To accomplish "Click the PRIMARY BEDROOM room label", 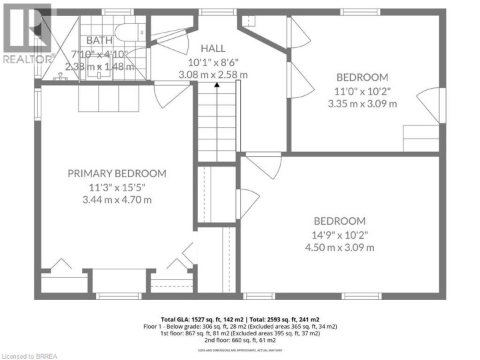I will pyautogui.click(x=117, y=173).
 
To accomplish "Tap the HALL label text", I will pyautogui.click(x=213, y=48).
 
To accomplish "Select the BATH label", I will pyautogui.click(x=99, y=41).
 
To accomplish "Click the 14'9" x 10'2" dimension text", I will pyautogui.click(x=340, y=235).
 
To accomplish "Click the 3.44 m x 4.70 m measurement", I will pyautogui.click(x=117, y=199).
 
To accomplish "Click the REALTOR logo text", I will pyautogui.click(x=27, y=59).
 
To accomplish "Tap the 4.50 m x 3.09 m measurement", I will pyautogui.click(x=340, y=247).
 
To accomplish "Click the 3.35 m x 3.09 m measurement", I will pyautogui.click(x=362, y=103).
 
